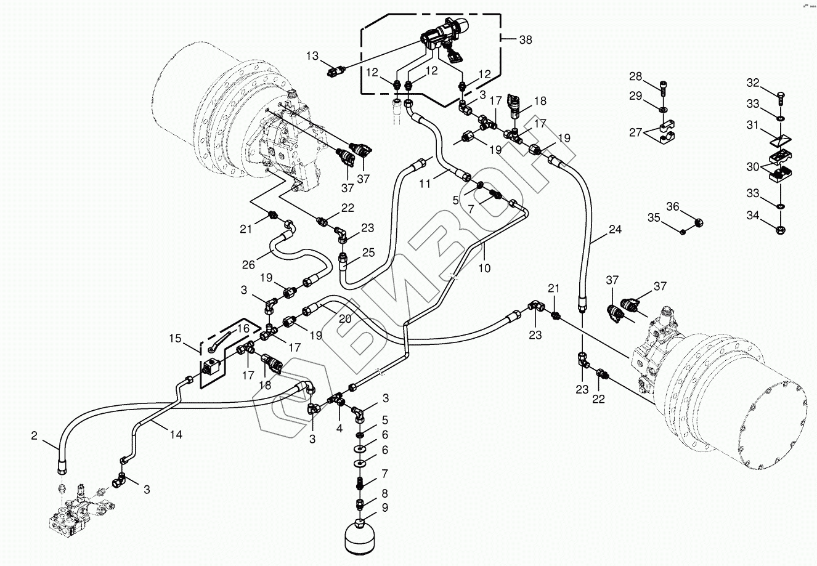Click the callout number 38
(x=525, y=40)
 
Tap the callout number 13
(x=313, y=57)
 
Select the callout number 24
(x=615, y=230)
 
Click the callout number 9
(x=385, y=509)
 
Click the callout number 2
(x=34, y=436)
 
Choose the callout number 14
(x=176, y=434)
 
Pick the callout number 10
(x=484, y=269)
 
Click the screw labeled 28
(x=663, y=89)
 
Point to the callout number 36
(x=672, y=206)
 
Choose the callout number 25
(x=368, y=252)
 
